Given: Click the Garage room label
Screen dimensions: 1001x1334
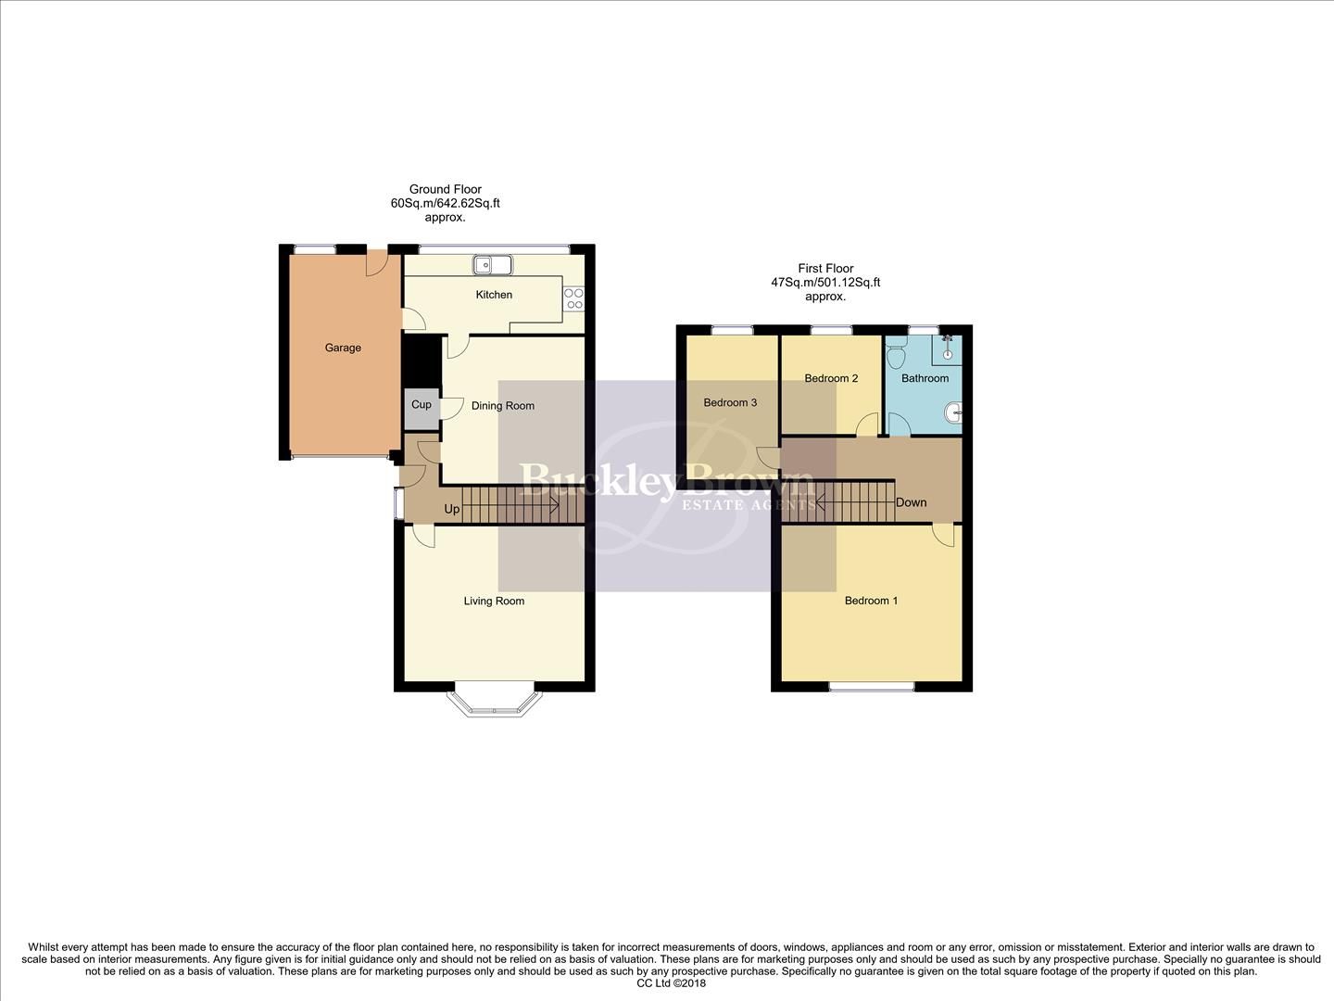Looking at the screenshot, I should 343,348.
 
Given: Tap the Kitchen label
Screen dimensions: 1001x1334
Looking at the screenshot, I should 494,295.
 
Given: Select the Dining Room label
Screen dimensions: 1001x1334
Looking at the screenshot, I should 503,406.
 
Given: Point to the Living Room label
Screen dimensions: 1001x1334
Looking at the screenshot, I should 494,602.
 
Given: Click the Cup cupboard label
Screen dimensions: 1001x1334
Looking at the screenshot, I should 422,405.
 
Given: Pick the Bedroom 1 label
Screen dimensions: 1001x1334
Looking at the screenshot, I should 871,602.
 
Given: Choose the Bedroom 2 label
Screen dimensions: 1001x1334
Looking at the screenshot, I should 831,379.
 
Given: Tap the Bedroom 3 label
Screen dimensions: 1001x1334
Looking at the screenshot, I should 730,403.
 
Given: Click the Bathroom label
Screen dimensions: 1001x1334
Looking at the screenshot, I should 925,379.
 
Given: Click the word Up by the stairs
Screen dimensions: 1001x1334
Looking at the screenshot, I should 452,510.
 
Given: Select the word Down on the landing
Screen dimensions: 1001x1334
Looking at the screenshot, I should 911,503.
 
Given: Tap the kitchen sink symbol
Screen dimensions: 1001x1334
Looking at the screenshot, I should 493,265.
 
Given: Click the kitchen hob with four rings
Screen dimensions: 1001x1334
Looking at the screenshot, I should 574,298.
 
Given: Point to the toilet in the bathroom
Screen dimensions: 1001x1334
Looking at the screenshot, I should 896,355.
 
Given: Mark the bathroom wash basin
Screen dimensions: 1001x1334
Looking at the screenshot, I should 955,411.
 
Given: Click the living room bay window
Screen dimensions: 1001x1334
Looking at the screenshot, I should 492,702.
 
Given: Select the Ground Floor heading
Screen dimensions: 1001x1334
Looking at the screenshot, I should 445,190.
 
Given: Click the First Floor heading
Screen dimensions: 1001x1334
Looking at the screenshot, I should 825,269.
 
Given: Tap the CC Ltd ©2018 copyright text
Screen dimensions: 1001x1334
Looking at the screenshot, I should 672,984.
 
